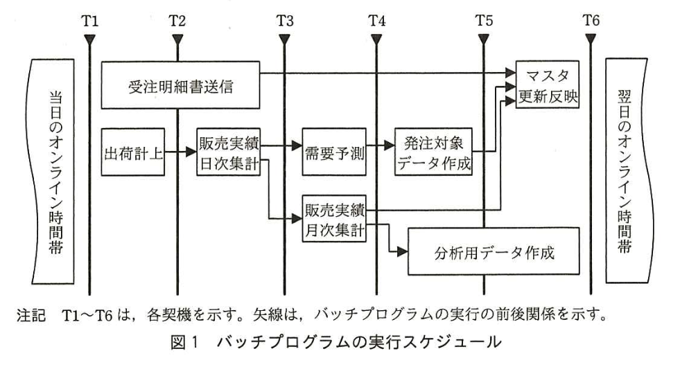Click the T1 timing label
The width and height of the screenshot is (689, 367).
point(89,20)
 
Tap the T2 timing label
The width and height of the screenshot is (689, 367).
point(177,20)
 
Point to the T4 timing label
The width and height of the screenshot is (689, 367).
point(376,20)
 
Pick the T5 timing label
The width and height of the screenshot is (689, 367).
point(484,20)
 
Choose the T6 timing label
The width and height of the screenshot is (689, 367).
point(591,20)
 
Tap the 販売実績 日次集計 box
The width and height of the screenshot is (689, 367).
point(228,153)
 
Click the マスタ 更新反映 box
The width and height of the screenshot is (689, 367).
point(546,84)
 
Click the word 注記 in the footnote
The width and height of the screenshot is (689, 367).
point(28,323)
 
